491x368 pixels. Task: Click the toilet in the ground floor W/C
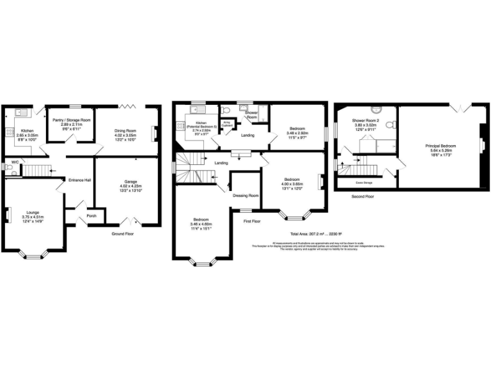pos(8,171)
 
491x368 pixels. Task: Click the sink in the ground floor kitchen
pos(20,113)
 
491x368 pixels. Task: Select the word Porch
pos(91,215)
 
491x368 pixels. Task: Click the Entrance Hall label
pos(81,181)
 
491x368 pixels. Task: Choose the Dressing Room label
pos(245,195)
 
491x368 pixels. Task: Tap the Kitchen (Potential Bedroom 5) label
pos(201,125)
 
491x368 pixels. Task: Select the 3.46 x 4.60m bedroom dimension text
pos(201,225)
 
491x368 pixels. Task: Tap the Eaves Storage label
pos(364,182)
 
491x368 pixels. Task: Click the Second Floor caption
pos(363,196)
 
